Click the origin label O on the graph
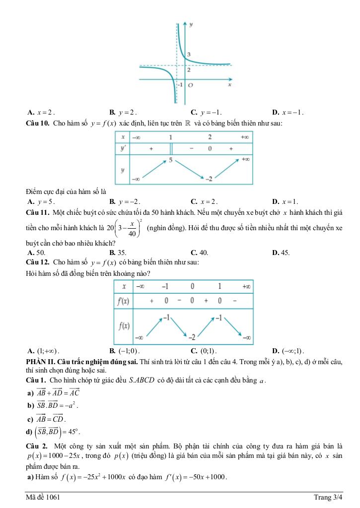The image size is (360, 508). pyautogui.click(x=190, y=85)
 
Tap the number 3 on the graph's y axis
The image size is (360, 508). pyautogui.click(x=189, y=54)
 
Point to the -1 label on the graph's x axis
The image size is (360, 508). pyautogui.click(x=180, y=85)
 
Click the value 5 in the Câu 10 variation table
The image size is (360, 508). pyautogui.click(x=170, y=160)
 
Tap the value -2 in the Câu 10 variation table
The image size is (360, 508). pyautogui.click(x=210, y=178)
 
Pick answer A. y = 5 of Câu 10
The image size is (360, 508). pyautogui.click(x=42, y=201)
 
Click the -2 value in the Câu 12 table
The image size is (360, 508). pyautogui.click(x=190, y=337)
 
